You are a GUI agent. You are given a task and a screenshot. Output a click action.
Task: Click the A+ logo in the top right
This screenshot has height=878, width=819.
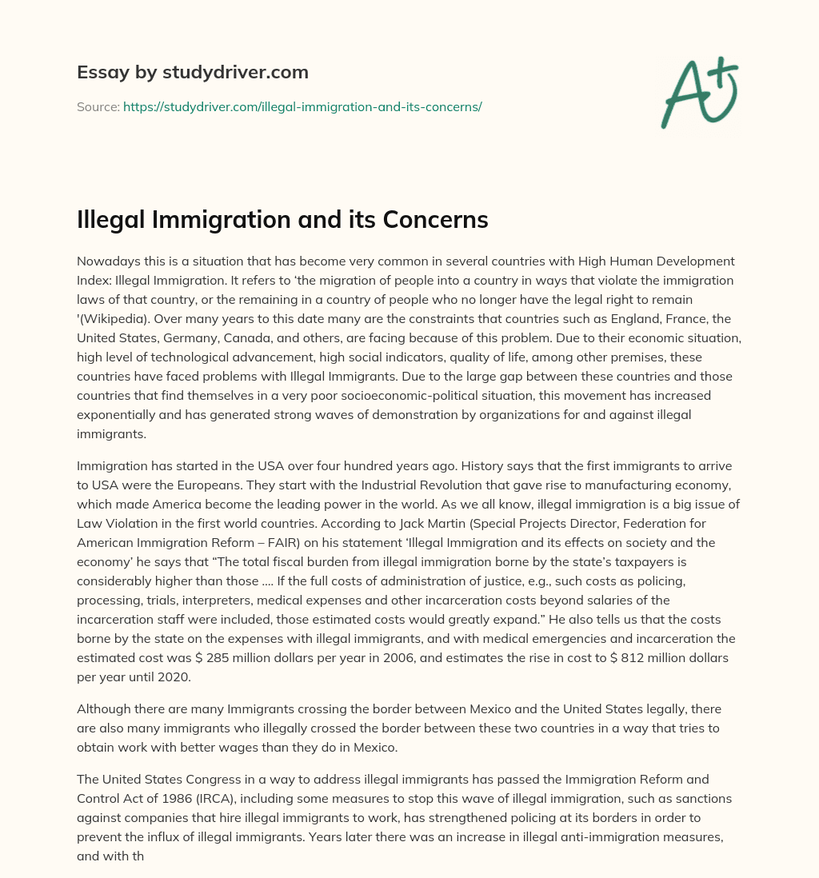click(x=698, y=93)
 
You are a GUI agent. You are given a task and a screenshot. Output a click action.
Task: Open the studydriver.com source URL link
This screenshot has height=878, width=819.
click(x=302, y=106)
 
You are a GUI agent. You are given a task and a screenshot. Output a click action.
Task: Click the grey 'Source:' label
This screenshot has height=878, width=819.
click(x=98, y=106)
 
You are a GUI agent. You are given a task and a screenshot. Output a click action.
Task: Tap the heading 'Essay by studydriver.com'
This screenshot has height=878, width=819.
click(x=192, y=73)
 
